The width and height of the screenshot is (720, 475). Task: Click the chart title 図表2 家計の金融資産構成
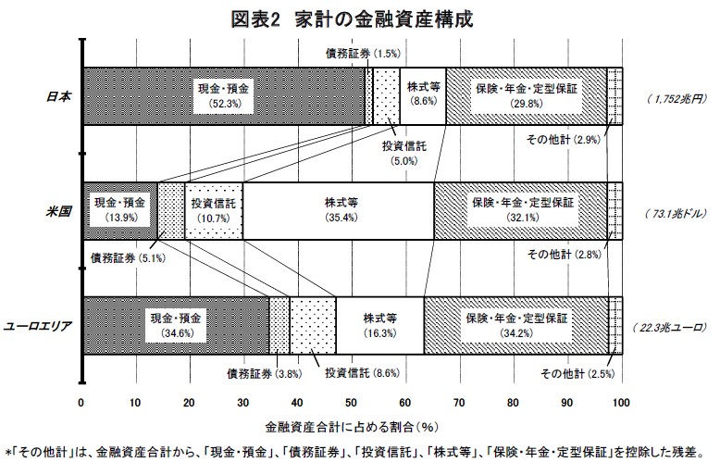352,19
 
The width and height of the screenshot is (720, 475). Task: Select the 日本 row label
59,96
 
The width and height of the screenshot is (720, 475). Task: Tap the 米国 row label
59,211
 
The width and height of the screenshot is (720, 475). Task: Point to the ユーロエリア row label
38,326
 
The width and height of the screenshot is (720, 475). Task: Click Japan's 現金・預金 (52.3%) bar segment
224,96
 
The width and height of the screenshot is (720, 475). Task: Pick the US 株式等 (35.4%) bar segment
339,211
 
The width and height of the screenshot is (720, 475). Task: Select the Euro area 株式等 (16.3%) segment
379,326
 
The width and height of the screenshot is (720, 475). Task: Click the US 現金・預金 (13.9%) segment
120,211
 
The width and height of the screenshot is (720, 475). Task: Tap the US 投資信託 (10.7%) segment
214,211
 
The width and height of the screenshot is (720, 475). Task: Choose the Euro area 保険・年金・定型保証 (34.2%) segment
516,326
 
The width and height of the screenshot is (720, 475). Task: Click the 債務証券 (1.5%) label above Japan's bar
363,54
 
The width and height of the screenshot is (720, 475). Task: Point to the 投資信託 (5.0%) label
404,154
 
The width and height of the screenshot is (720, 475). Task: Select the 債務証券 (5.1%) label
128,258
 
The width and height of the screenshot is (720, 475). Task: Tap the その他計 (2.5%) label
577,373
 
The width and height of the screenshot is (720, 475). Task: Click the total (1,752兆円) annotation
677,99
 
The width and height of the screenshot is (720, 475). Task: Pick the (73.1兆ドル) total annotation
675,214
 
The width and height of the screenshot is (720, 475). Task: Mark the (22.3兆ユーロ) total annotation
668,328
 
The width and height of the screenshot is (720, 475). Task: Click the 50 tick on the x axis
352,403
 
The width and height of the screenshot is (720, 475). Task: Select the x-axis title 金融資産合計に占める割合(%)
352,427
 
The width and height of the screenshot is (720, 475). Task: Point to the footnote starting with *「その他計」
354,453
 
